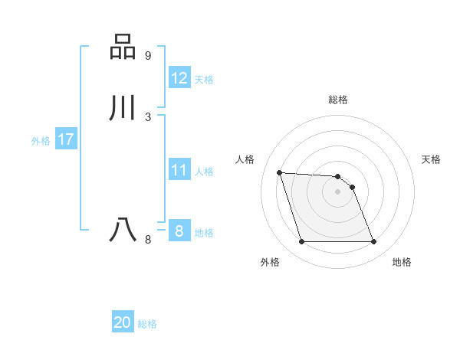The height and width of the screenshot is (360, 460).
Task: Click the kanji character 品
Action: pos(123,47)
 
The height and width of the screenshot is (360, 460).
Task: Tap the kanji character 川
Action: pos(123,108)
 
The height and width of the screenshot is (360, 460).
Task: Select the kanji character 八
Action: pos(123,230)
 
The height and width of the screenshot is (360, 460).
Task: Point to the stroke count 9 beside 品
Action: pos(147,56)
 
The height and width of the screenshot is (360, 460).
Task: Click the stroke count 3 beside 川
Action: pos(147,116)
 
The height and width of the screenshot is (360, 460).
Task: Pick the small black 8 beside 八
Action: pos(147,239)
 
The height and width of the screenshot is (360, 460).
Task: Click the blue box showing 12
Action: pos(179,78)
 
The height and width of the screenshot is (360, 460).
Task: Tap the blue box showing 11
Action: pos(179,170)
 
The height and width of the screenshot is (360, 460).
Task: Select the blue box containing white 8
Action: pos(179,231)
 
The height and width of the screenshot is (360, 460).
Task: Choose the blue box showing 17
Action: pos(66,139)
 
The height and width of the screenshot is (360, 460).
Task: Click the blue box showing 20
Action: pos(123,322)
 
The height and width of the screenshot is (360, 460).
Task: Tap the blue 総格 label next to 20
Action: pos(148,324)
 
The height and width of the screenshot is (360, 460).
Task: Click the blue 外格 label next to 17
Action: pos(41,141)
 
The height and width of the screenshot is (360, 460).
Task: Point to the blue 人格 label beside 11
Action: pos(205,172)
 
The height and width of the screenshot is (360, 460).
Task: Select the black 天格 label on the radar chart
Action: pos(432,159)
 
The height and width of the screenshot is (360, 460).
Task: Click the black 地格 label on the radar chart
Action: pos(402,262)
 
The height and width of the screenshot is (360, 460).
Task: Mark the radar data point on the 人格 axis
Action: pos(280,172)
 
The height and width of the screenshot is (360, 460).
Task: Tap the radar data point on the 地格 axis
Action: pos(373,242)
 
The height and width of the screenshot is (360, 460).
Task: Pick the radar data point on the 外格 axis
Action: pos(301,242)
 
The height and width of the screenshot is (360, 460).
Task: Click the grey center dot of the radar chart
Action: pos(337,191)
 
